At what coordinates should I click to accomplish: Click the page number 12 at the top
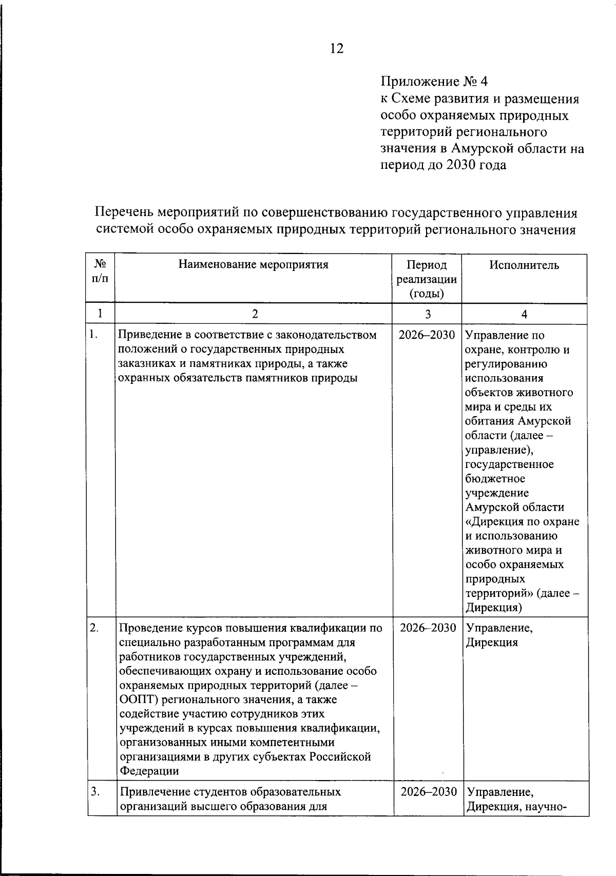(x=336, y=49)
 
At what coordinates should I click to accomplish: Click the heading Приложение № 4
(x=434, y=82)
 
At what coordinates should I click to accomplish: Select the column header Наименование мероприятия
(x=253, y=265)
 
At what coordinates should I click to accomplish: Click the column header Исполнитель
(x=524, y=265)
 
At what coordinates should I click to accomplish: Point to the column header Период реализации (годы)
(x=427, y=279)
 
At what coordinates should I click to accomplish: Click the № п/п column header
(x=100, y=271)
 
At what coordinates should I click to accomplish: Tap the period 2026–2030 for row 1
(x=427, y=335)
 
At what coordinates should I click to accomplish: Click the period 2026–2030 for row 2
(x=428, y=628)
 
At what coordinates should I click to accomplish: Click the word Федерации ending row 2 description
(x=149, y=771)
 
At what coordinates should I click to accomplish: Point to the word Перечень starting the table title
(x=123, y=213)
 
